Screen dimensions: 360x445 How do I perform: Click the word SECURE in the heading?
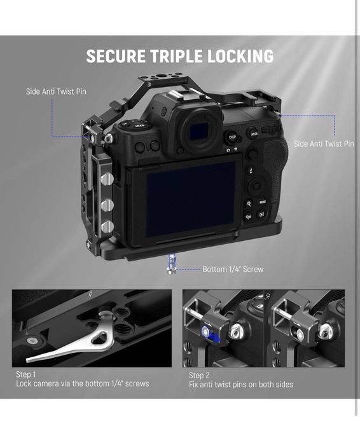coord(116,56)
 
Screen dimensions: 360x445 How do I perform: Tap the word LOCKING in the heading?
coord(240,56)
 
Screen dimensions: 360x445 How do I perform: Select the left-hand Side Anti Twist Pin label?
coord(56,92)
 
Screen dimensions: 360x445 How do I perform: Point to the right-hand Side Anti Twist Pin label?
coord(324,144)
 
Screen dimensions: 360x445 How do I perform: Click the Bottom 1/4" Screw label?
coord(233,270)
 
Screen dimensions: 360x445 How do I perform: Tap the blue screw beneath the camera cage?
coord(172,264)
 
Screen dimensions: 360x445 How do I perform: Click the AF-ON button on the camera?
coord(254,133)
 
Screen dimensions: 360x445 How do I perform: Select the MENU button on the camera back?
coord(262,202)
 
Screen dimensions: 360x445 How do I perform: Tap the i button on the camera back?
coord(251,170)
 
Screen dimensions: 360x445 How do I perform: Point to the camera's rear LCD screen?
coord(190,200)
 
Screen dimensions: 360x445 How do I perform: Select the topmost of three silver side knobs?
coord(107,179)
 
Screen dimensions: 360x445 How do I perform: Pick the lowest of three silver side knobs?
coord(107,227)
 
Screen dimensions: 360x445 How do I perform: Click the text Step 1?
coord(26,374)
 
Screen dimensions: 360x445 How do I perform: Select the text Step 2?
coord(199,376)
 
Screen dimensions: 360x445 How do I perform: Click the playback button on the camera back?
coord(261,214)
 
